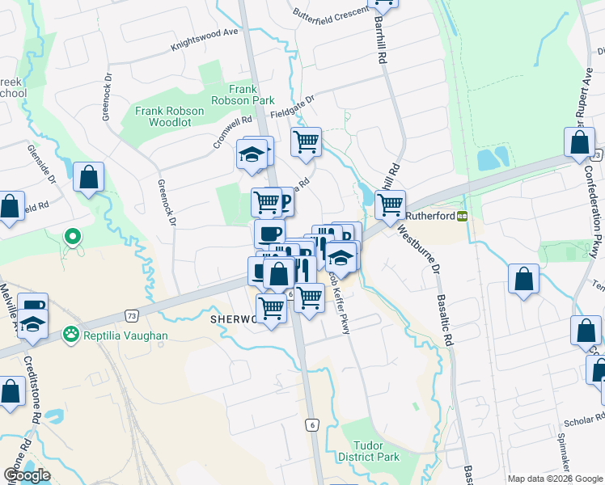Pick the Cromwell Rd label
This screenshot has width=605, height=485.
tap(232, 130)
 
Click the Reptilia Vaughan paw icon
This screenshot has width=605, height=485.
tap(72, 333)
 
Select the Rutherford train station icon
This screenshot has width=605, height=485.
tap(462, 216)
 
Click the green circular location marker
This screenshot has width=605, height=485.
tap(72, 237)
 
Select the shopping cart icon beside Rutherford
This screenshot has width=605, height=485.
tap(390, 204)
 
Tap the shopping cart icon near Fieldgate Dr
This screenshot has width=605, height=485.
tap(306, 141)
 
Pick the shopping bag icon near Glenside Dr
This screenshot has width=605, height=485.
tap(88, 176)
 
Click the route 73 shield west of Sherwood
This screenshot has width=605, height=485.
tap(131, 315)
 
